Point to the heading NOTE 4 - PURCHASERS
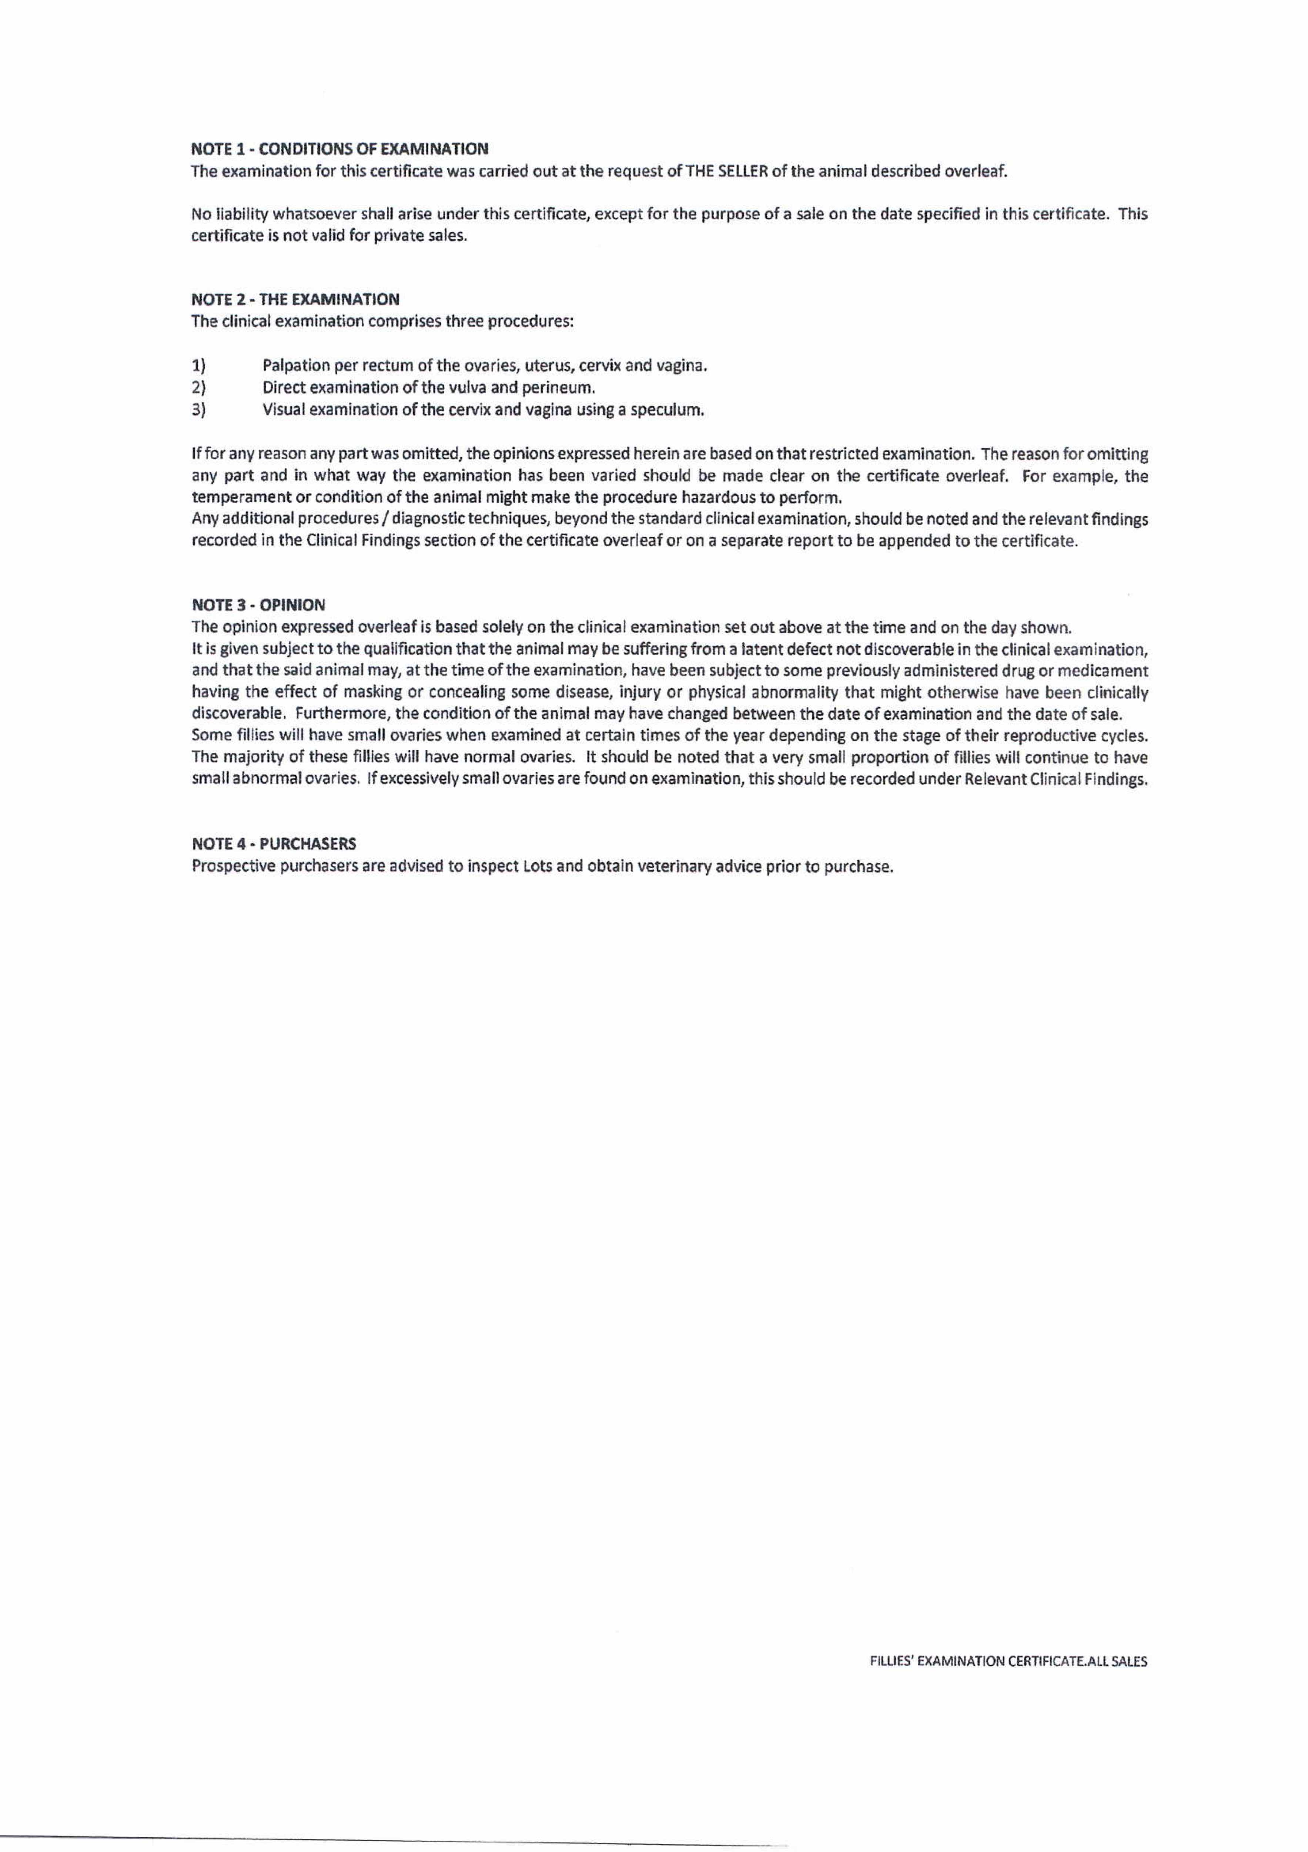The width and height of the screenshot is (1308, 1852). pyautogui.click(x=274, y=844)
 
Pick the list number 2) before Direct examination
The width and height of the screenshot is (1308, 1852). pyautogui.click(x=198, y=388)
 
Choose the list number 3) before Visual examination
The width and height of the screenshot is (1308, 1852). pyautogui.click(x=198, y=410)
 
